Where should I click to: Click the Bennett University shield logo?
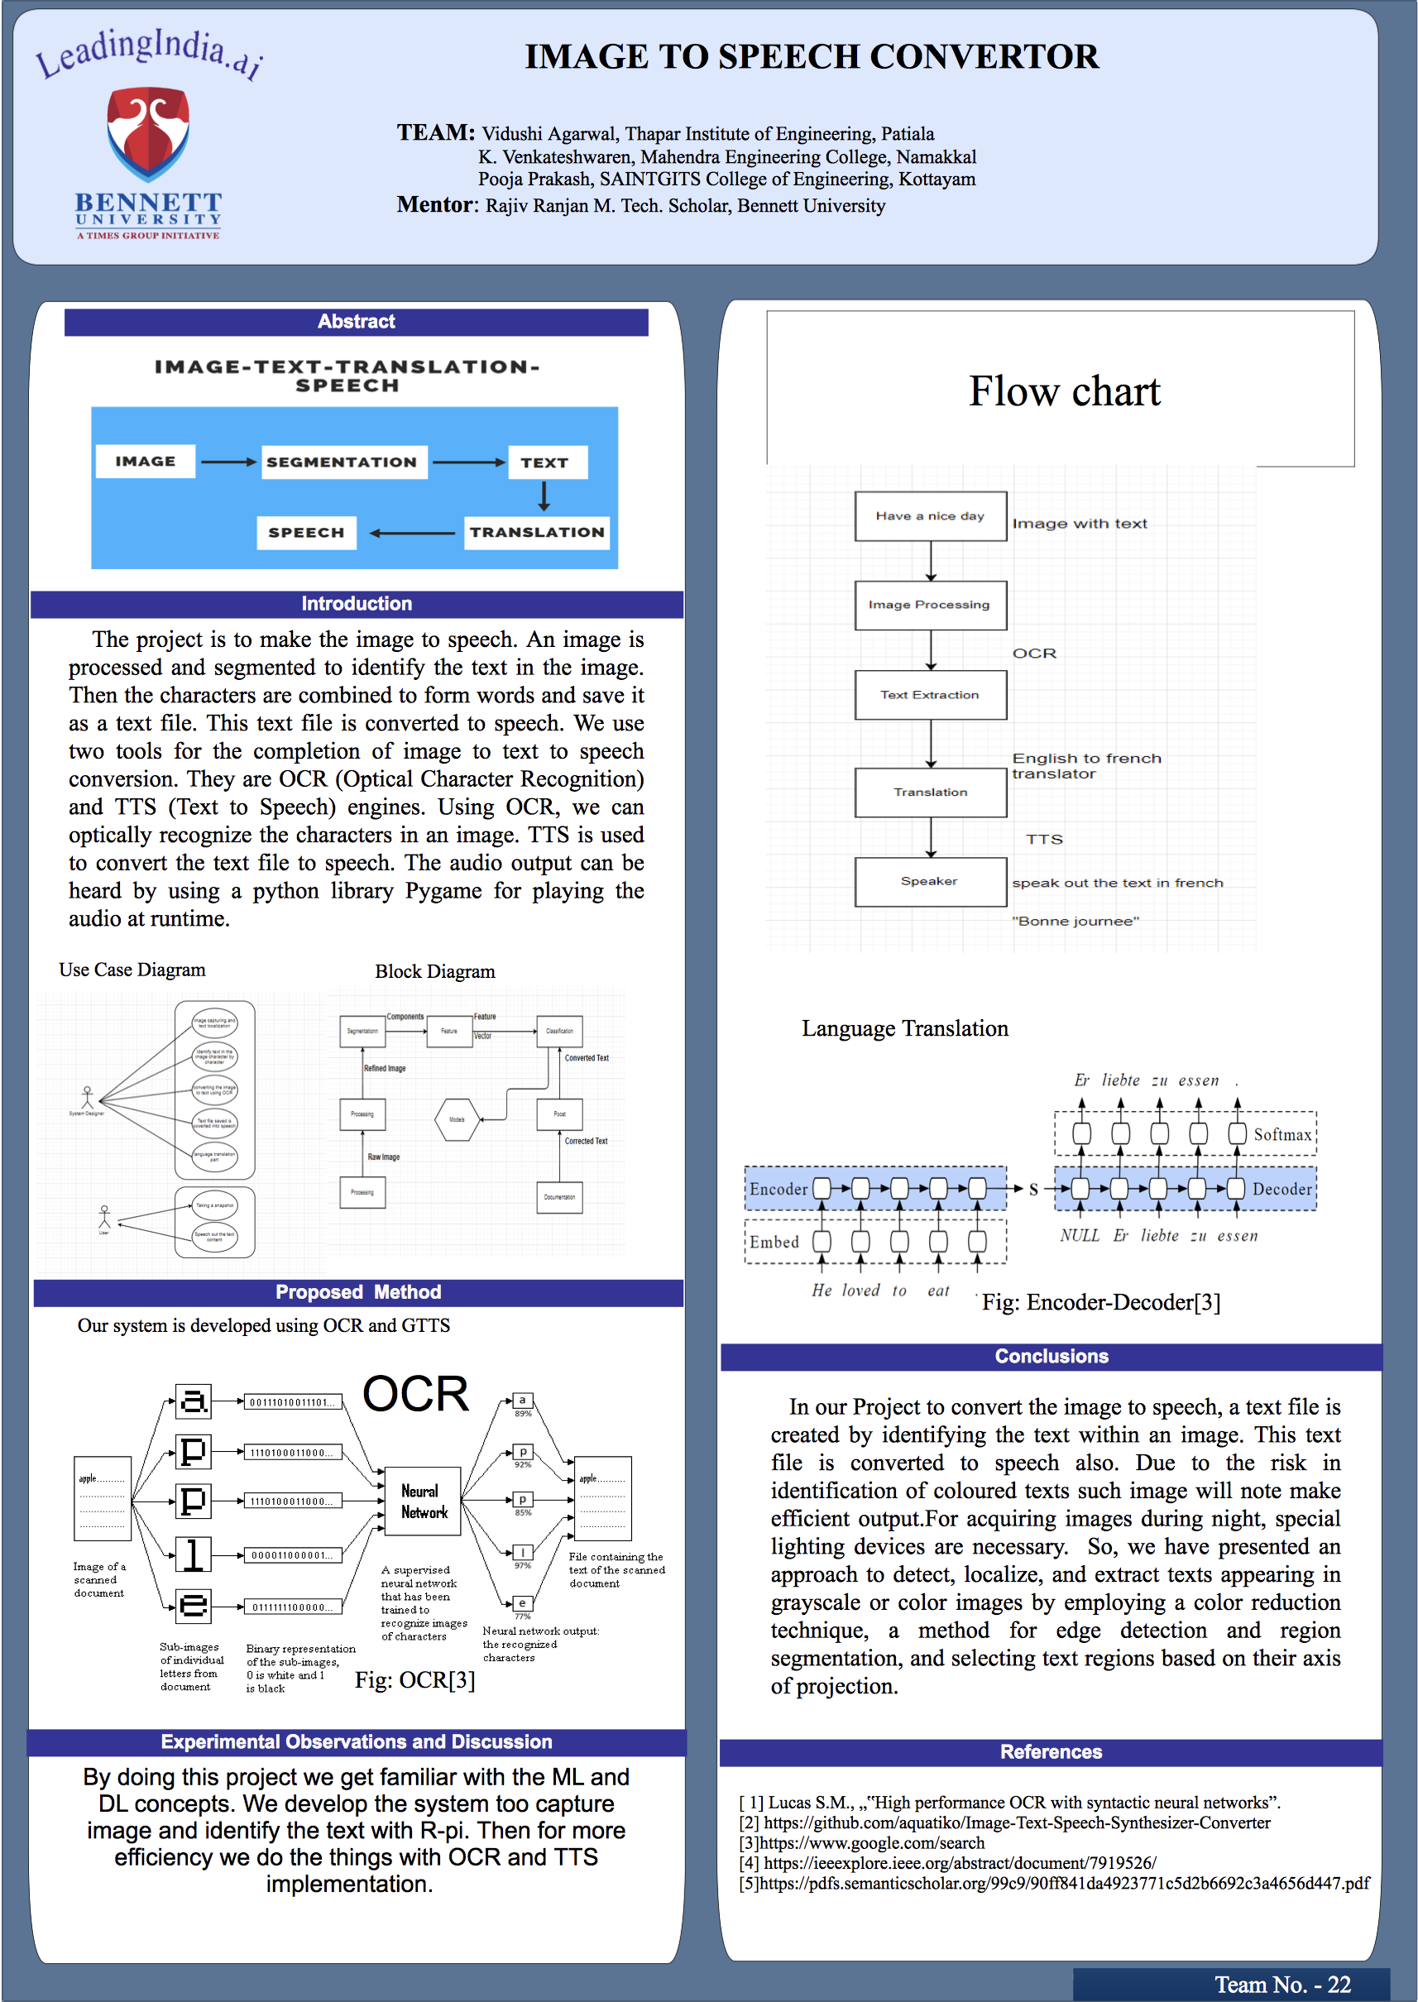(147, 132)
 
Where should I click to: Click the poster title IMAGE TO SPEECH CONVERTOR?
(811, 57)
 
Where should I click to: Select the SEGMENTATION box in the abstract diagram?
(343, 462)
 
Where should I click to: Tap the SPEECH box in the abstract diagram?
(306, 533)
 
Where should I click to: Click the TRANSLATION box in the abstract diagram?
(536, 533)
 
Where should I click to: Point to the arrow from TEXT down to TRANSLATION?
(544, 496)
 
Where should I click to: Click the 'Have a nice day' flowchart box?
(930, 516)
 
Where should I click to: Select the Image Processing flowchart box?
(930, 605)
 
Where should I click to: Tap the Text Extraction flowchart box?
(930, 695)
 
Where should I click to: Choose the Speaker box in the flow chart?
(930, 882)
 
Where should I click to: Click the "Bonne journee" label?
(1075, 921)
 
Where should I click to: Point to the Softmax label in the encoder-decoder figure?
(1281, 1135)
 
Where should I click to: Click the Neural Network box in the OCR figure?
(423, 1501)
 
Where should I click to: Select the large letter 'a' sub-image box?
(194, 1401)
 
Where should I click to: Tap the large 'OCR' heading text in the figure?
(415, 1394)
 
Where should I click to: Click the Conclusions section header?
(1052, 1357)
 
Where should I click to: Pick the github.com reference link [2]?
(1017, 1823)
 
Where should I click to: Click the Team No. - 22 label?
(1282, 1985)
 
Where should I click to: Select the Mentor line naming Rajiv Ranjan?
(642, 206)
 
